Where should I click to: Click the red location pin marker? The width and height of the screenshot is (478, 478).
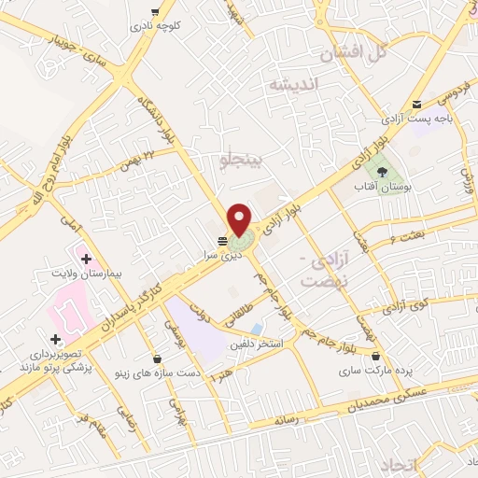click(240, 218)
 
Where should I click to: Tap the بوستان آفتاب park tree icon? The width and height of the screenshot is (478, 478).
click(381, 170)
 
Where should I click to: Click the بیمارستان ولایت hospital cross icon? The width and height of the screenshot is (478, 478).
click(86, 258)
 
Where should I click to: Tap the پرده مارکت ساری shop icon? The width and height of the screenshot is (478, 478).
click(375, 356)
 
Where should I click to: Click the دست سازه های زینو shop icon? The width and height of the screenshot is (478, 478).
click(156, 358)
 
